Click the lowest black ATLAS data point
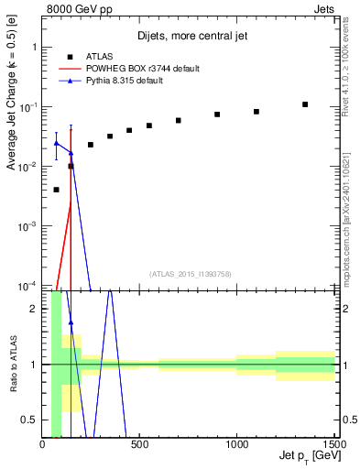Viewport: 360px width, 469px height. point(57,190)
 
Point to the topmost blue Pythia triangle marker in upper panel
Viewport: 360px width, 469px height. point(57,143)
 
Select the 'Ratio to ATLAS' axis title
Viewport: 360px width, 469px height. point(12,365)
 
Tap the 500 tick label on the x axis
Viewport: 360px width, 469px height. point(140,445)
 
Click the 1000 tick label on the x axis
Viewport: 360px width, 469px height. point(237,445)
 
